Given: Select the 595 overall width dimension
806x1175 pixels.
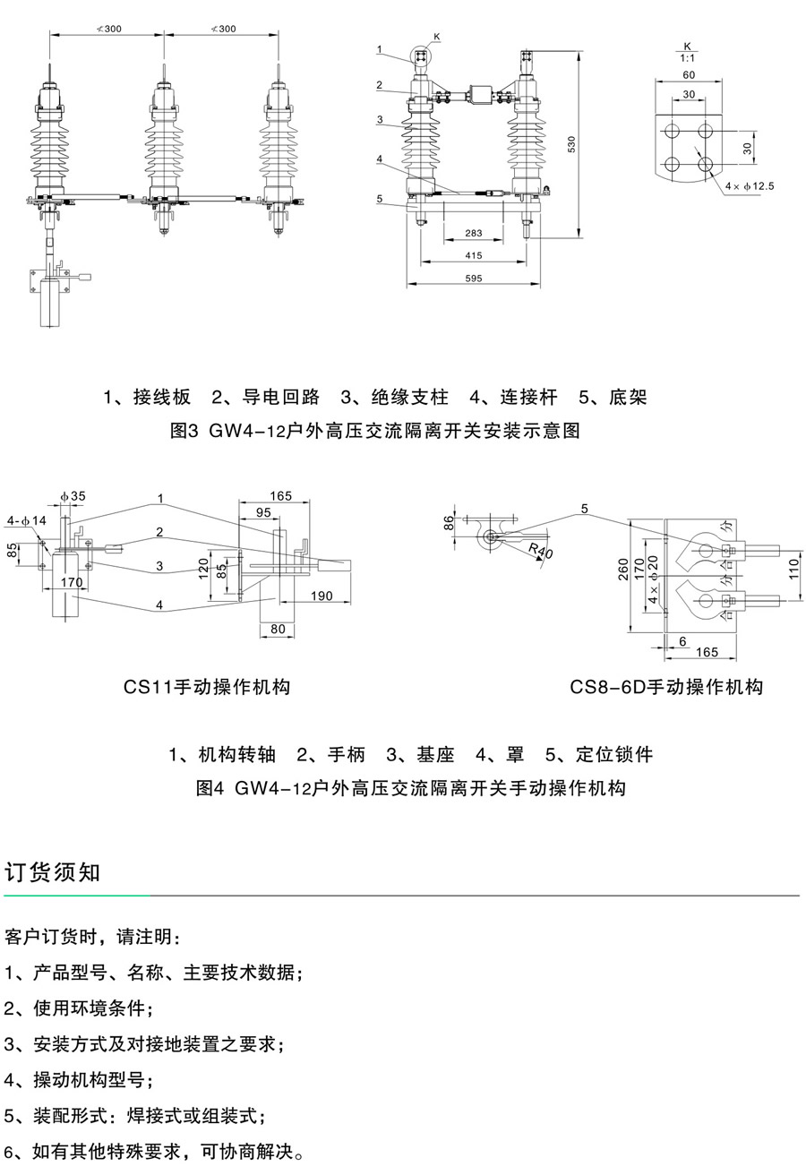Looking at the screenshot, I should (474, 279).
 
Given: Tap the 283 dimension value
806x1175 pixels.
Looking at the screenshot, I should (474, 234).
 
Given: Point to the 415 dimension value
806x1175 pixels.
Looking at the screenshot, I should (474, 256).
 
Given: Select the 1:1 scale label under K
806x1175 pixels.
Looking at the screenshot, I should (688, 56).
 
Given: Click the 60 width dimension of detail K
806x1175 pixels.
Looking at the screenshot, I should (688, 75).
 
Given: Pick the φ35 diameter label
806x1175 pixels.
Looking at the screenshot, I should (73, 495).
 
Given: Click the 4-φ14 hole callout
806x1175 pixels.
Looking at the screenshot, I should (26, 520).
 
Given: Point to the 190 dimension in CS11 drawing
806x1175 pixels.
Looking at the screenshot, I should (322, 596).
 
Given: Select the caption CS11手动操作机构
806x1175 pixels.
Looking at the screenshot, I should (207, 687).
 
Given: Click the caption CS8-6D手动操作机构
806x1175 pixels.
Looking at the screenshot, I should (666, 687).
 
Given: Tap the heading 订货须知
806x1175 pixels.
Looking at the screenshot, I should (53, 871).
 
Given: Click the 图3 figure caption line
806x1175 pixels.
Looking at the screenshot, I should (375, 431).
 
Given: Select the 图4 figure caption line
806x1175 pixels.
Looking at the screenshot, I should (410, 788).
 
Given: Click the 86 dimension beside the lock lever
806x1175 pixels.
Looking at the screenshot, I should (449, 524).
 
